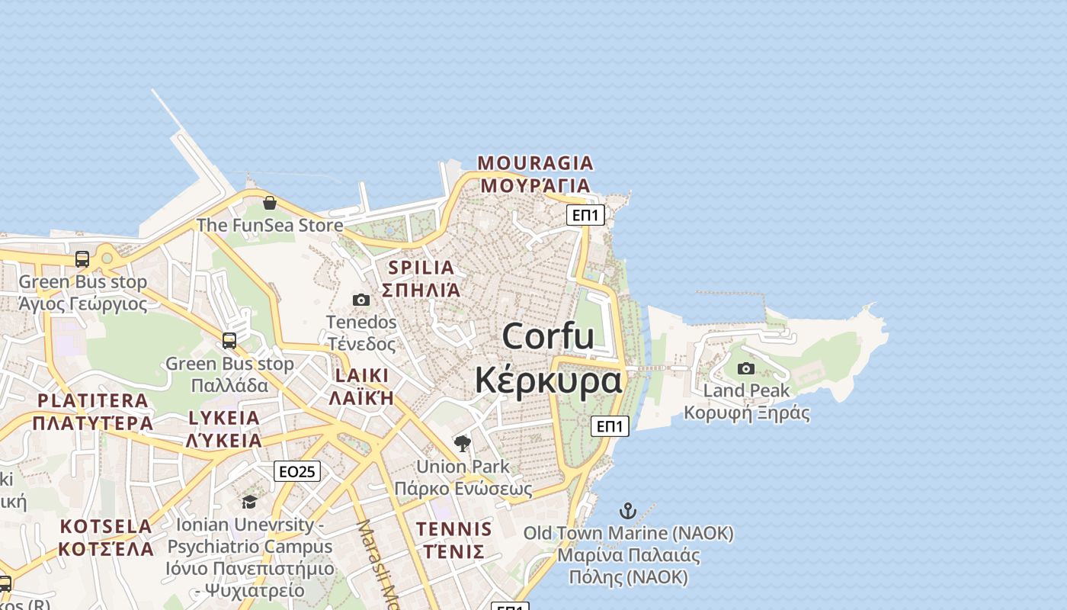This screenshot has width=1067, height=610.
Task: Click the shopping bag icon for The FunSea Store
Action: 269,203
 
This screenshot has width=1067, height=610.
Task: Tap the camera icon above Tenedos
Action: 361,300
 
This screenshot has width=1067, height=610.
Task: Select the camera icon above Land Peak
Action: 746,369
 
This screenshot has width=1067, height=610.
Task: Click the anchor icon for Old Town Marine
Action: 628,511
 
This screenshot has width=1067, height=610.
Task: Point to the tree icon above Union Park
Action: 462,443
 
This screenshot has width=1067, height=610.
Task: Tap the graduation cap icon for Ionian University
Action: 249,502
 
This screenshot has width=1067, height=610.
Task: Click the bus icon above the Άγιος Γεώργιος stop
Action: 82,259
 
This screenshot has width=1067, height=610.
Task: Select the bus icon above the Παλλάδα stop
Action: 229,340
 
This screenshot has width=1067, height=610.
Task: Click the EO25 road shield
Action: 297,471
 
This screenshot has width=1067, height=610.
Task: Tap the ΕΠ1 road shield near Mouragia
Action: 586,215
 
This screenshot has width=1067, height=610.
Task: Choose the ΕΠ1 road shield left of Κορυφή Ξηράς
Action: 610,426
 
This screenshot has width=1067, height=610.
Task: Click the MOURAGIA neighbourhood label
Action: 535,162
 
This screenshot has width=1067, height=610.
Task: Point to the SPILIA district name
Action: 421,268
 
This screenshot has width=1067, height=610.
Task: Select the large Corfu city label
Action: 548,336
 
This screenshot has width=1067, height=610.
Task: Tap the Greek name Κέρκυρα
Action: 548,380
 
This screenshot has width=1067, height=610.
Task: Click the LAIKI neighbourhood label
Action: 361,375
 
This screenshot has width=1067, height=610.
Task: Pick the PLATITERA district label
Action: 93,400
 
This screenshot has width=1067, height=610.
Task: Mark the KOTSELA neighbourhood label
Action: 106,526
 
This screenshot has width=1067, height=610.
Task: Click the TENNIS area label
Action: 454,528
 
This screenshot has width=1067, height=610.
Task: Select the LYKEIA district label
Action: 224,418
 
